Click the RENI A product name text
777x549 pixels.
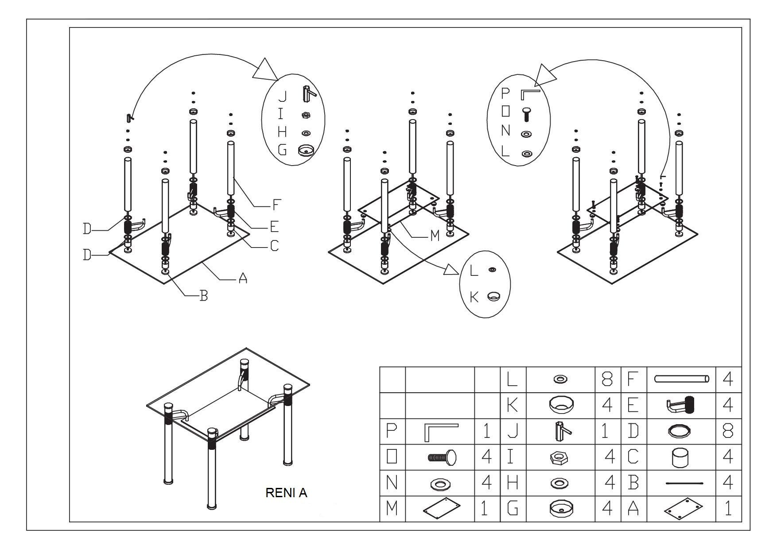286,493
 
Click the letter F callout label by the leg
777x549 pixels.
276,205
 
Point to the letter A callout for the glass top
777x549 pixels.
242,278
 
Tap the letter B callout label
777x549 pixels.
203,296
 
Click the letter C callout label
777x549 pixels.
274,245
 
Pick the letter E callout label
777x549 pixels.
274,227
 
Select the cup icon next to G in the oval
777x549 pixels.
305,151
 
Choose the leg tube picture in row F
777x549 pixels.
681,379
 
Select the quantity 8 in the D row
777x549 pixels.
728,431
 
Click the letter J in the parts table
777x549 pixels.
512,431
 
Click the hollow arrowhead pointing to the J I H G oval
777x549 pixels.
266,70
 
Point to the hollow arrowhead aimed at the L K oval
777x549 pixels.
451,269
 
